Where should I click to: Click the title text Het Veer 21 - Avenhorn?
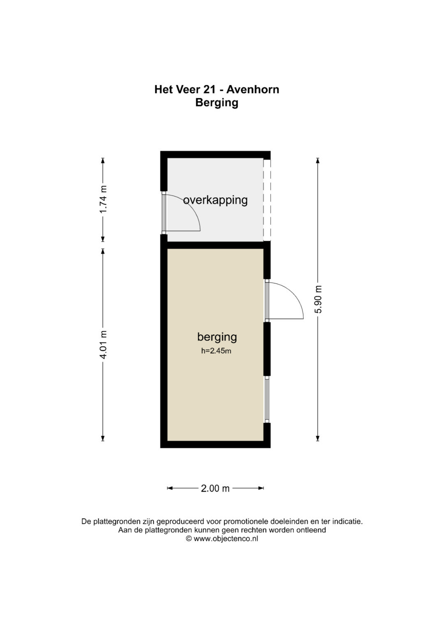tap(217, 89)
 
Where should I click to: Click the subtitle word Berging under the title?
tap(217, 103)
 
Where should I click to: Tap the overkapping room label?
tap(215, 200)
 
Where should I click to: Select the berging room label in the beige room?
tap(217, 337)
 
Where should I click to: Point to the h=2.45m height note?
tap(216, 351)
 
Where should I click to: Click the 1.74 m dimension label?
tap(103, 199)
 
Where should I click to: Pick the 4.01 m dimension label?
tap(103, 345)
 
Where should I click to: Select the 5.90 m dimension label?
tap(318, 299)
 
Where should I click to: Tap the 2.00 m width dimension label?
tap(215, 489)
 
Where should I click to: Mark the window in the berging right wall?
tap(267, 399)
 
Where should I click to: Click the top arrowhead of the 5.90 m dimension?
tap(317, 160)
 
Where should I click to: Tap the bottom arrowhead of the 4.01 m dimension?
tap(103, 438)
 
